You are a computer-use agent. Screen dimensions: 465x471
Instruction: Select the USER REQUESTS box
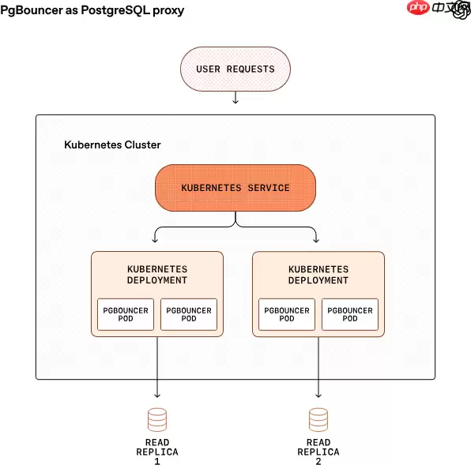(236, 69)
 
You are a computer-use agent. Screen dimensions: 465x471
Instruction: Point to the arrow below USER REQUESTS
(236, 98)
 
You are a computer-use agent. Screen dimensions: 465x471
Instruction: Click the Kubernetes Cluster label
(112, 145)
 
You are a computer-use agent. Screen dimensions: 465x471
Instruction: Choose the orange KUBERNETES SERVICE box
(236, 188)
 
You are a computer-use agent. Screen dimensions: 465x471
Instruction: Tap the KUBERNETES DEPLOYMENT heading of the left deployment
(157, 275)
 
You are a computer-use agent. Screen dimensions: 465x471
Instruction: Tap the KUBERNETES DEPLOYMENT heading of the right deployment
(318, 275)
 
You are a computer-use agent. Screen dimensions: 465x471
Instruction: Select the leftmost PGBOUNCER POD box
(126, 314)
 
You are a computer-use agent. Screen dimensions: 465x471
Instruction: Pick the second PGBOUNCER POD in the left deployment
(189, 314)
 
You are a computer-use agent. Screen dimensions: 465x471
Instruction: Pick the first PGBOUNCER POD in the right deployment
(287, 314)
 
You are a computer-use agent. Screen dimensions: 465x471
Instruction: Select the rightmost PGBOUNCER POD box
(350, 314)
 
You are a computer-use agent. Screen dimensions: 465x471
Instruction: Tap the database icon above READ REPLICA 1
(157, 418)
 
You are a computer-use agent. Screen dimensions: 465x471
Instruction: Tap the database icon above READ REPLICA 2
(318, 418)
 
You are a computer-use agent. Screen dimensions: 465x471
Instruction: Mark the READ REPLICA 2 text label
(318, 452)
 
